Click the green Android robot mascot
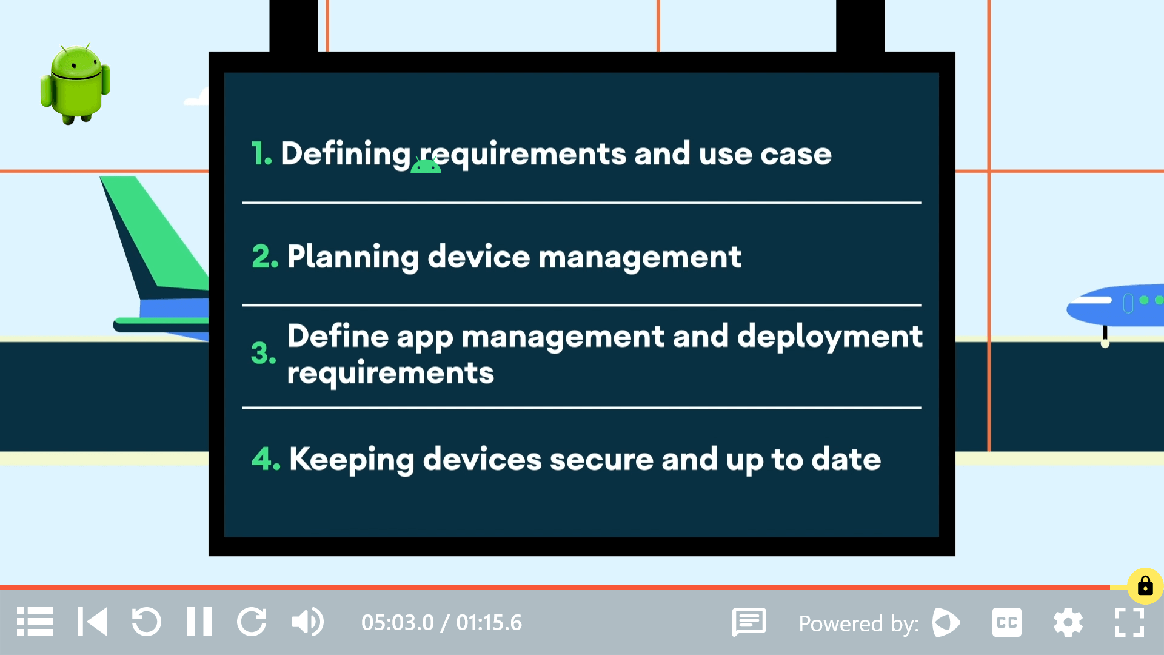tap(75, 84)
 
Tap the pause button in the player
tap(199, 622)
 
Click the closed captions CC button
tap(1006, 622)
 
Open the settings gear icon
tap(1068, 622)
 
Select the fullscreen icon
tap(1129, 622)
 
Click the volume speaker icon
tap(307, 622)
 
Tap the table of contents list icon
tap(35, 622)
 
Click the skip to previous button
tap(92, 622)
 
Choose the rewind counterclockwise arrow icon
tap(146, 622)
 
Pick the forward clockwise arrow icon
tap(252, 622)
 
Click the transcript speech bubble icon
tap(749, 622)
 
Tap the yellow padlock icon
tap(1145, 586)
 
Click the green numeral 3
tap(263, 354)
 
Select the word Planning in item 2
tap(353, 257)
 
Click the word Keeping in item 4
tap(352, 460)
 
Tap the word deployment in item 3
tap(829, 337)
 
